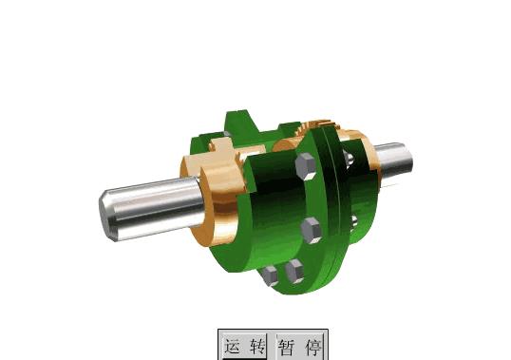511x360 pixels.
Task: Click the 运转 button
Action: pos(244,346)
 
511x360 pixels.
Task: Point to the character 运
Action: pos(234,347)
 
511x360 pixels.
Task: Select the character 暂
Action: pos(287,348)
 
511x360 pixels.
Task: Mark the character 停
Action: pos(313,348)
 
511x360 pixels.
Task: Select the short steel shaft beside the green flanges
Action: pos(393,161)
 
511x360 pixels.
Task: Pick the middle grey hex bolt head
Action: pos(312,230)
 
